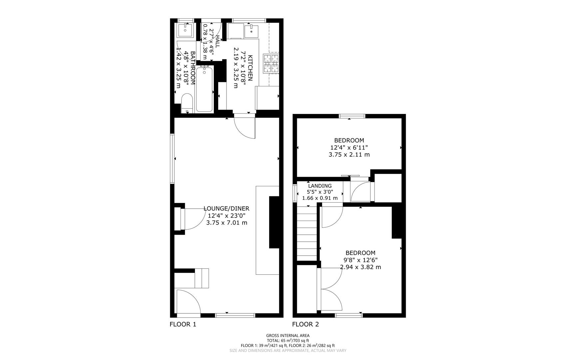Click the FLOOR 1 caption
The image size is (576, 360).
[x=183, y=324]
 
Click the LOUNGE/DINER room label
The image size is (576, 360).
[x=226, y=209]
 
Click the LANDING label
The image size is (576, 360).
[x=319, y=186]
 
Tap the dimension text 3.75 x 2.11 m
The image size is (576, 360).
[x=349, y=155]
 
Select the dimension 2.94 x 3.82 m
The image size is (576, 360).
[x=360, y=267]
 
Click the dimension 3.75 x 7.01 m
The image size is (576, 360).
[x=227, y=223]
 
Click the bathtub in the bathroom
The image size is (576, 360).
[x=204, y=89]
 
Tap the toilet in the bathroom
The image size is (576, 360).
[x=187, y=103]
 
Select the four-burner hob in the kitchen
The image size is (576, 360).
[x=271, y=63]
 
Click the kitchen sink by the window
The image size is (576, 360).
[x=251, y=31]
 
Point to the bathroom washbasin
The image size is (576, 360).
[x=185, y=30]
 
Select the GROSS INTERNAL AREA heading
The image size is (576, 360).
[x=288, y=336]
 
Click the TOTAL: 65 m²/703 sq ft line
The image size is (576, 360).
[x=288, y=341]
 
